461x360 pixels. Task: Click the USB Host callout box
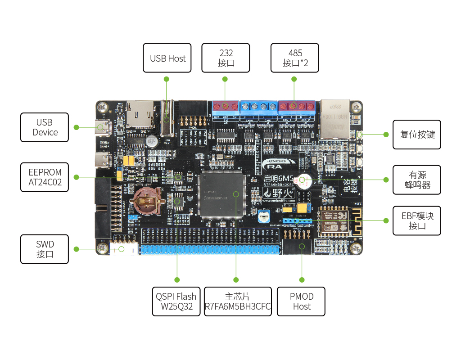pyautogui.click(x=167, y=58)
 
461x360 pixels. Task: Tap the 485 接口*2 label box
pyautogui.click(x=295, y=58)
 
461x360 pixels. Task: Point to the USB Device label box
pyautogui.click(x=45, y=127)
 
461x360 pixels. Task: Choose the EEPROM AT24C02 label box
pyautogui.click(x=45, y=177)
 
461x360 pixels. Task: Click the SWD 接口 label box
pyautogui.click(x=45, y=249)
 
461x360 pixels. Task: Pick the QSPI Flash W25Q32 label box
pyautogui.click(x=176, y=301)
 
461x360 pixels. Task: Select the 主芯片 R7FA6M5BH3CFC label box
pyautogui.click(x=238, y=301)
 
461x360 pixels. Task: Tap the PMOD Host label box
pyautogui.click(x=302, y=301)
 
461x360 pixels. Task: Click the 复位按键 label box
pyautogui.click(x=417, y=135)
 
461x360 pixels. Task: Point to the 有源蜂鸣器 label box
pyautogui.click(x=417, y=180)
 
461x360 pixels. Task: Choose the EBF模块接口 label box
pyautogui.click(x=417, y=220)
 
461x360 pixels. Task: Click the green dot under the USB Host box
pyautogui.click(x=167, y=79)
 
